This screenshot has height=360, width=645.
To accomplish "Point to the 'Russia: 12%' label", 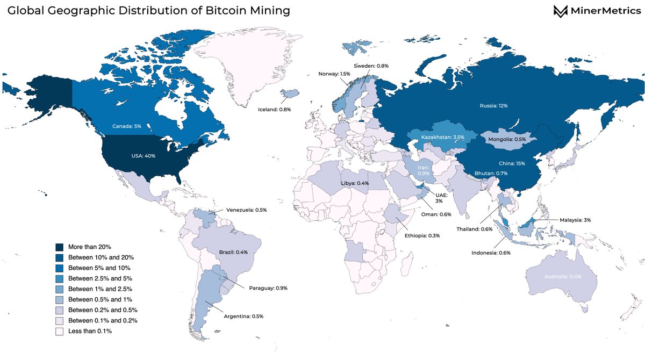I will coord(493,106).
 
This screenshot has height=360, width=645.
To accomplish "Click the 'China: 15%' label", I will coord(512,163).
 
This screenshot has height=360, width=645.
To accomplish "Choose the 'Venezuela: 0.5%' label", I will coord(246,210).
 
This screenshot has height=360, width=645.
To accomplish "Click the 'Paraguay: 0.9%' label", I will coord(268,289).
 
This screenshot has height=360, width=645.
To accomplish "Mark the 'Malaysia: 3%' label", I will coord(576,220).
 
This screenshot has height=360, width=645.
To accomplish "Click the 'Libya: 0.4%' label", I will coord(355,184).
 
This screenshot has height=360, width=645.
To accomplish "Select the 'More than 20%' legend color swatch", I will coord(60,247).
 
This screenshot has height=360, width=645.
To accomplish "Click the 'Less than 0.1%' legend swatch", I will coord(60,331).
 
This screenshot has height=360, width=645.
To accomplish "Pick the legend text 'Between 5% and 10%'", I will coord(99,268).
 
